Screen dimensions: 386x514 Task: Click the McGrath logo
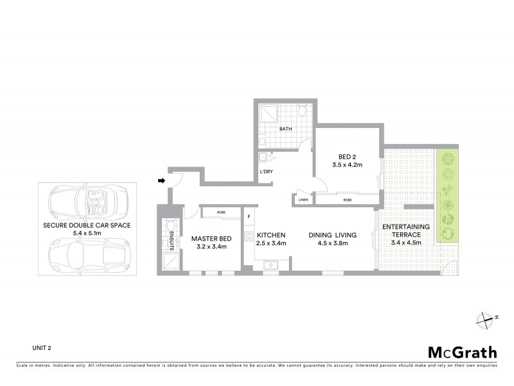click(462, 352)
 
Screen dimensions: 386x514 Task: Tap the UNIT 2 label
click(42, 348)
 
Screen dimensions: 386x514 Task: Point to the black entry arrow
click(161, 181)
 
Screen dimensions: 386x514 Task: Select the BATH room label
click(285, 129)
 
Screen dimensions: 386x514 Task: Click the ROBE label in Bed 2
click(348, 200)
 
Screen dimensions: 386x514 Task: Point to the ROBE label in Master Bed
click(221, 212)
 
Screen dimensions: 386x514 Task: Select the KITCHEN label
click(270, 235)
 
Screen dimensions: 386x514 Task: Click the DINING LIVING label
click(332, 235)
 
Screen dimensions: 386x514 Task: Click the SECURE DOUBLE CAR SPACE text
click(86, 225)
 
